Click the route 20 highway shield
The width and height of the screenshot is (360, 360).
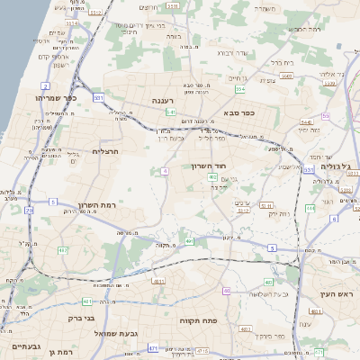(x=29, y=210)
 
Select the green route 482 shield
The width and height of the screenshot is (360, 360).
(x=62, y=249)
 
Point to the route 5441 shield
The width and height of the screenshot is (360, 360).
(x=305, y=121)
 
